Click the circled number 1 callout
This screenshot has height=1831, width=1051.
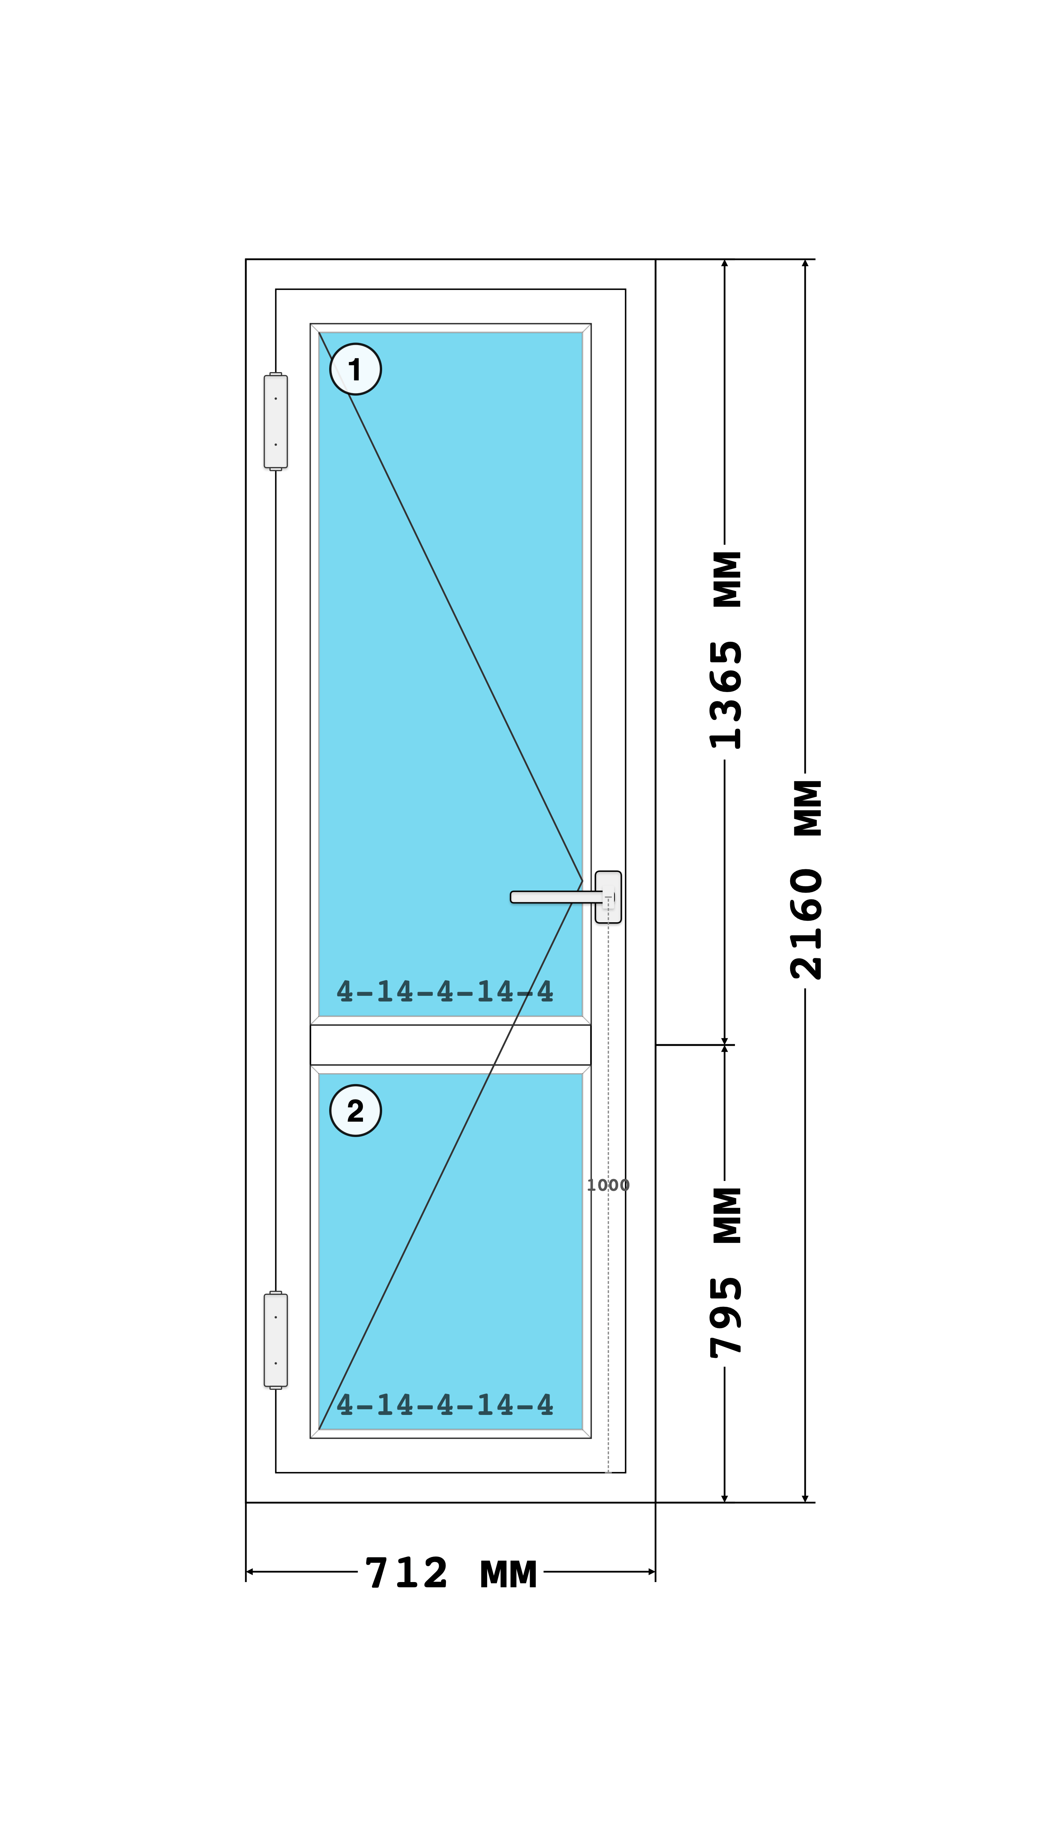coord(355,369)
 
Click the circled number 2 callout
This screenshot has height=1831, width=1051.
coord(355,1110)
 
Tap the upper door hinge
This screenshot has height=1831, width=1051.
coord(276,422)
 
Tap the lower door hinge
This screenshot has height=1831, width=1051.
coord(276,1340)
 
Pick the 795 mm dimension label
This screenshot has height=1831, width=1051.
coord(726,1272)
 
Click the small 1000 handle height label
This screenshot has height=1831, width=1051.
coord(608,1185)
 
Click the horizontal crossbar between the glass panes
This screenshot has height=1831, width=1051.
coord(450,1045)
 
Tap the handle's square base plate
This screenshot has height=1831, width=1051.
coord(608,897)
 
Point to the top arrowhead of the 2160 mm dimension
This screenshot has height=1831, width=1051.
coord(805,263)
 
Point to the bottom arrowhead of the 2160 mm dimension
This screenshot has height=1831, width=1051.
coord(805,1498)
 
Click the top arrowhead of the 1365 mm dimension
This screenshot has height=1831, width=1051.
coord(725,263)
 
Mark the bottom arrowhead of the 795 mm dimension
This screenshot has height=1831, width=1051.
coord(725,1498)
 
